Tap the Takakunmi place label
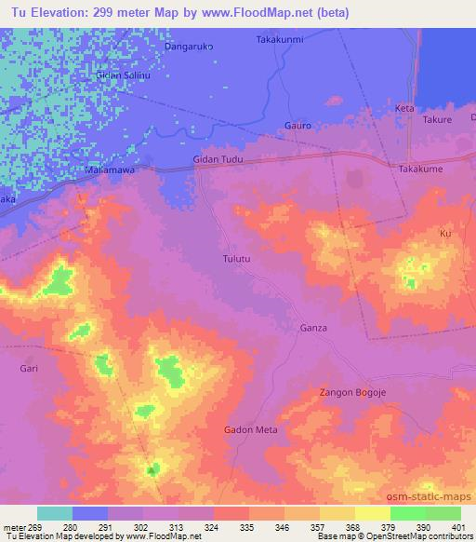[279, 40]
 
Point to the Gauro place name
[297, 126]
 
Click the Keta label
[404, 109]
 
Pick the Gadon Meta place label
[251, 429]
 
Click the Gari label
[29, 369]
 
